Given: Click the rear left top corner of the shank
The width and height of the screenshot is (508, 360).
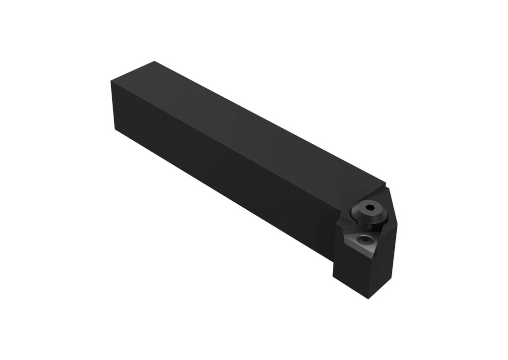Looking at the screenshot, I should tap(110, 82).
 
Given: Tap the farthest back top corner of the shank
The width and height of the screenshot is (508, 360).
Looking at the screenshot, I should tap(154, 61).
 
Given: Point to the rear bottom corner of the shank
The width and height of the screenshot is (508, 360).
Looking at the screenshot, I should tap(116, 129).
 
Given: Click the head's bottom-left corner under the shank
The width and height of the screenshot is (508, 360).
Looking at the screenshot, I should tap(333, 276).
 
